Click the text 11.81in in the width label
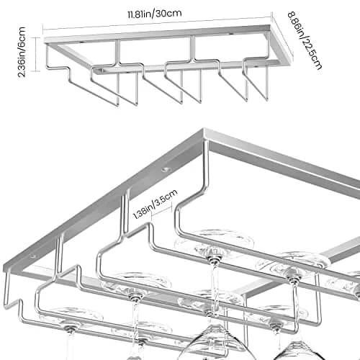click(x=140, y=14)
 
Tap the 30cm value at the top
click(x=169, y=13)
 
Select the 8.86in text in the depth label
click(x=296, y=24)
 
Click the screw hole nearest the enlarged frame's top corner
click(x=164, y=170)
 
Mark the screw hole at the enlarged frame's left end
click(x=33, y=256)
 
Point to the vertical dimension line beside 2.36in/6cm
click(x=36, y=54)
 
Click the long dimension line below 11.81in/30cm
click(x=157, y=23)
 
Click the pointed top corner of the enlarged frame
click(x=204, y=129)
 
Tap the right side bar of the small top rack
click(x=280, y=45)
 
